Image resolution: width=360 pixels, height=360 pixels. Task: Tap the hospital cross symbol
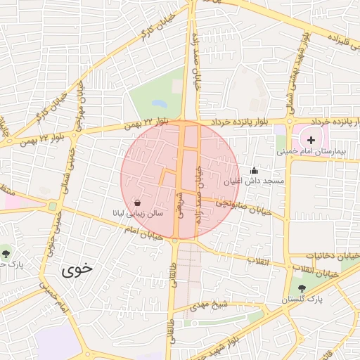[x=311, y=140]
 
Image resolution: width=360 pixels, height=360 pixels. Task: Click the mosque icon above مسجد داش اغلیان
[x=254, y=170]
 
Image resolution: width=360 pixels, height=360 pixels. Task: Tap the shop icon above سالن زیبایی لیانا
[x=136, y=201]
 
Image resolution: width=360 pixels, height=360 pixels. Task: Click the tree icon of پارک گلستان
[x=302, y=288]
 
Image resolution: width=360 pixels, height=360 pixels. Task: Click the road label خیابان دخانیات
[x=332, y=255]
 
